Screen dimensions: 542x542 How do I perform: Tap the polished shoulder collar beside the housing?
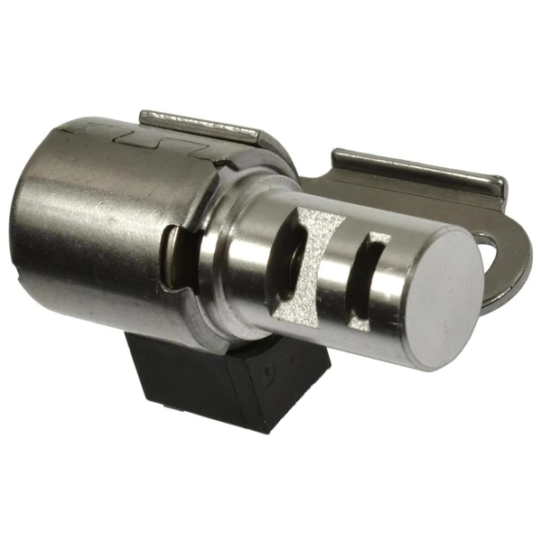(230, 271)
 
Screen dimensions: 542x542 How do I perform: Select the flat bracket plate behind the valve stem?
(379, 194)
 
